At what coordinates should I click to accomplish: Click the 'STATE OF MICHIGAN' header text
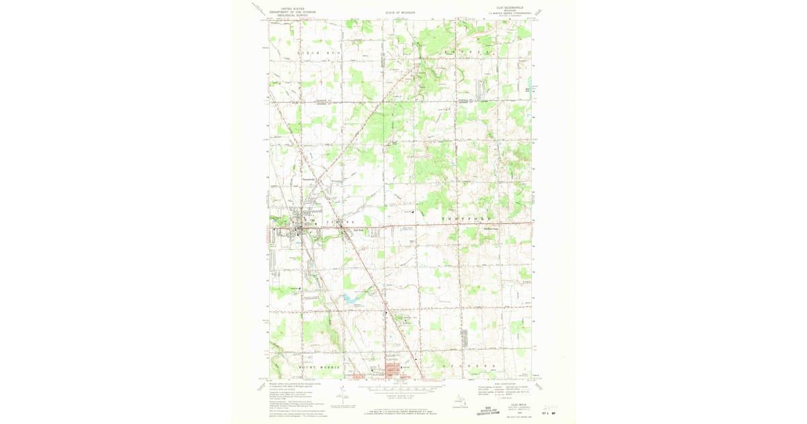point(400,12)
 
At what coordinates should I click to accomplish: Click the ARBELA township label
point(471,51)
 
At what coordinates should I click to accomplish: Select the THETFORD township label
point(467,220)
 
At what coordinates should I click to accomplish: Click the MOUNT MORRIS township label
point(320,367)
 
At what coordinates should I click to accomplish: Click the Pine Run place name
point(358,229)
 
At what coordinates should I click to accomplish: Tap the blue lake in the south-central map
point(349,296)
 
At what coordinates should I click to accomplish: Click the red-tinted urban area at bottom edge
point(391,369)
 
